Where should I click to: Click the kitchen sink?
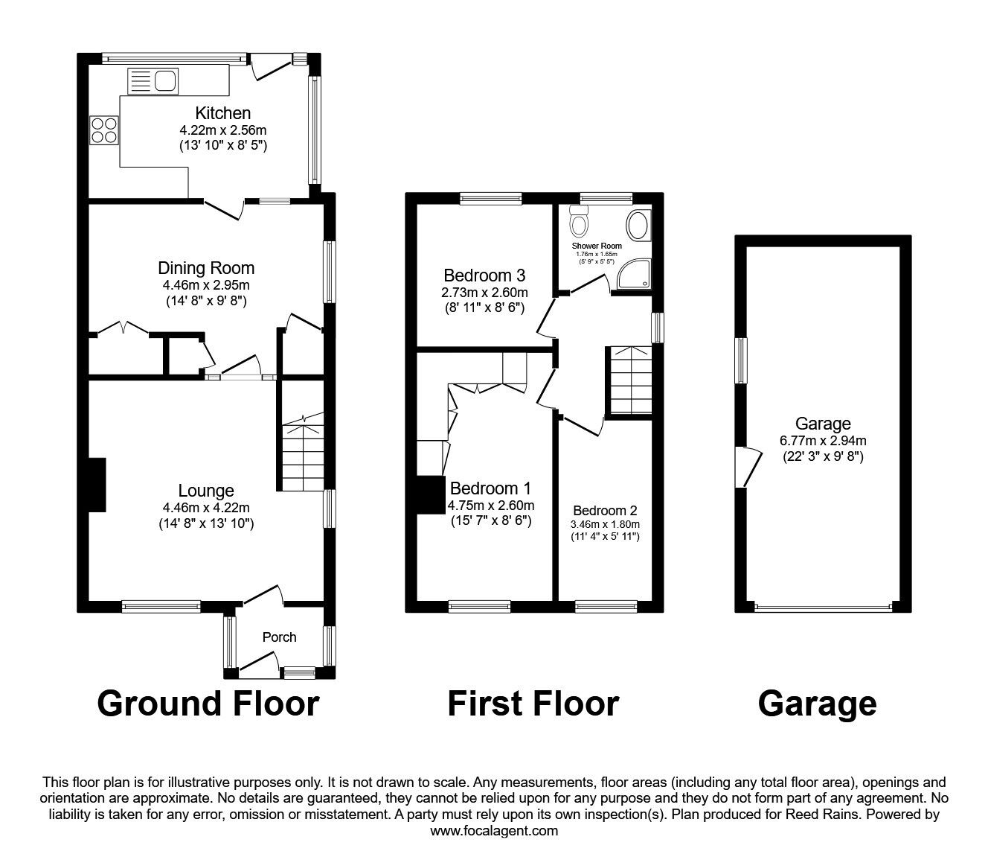tap(153, 81)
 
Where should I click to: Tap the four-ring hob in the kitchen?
tap(103, 130)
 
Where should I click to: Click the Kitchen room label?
tap(222, 113)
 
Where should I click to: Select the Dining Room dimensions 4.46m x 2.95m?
tap(206, 285)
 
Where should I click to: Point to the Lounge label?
tap(206, 491)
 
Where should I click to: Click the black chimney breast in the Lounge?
tap(97, 485)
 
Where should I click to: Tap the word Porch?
tap(279, 637)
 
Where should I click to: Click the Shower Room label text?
tap(597, 246)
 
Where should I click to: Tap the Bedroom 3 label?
tap(484, 275)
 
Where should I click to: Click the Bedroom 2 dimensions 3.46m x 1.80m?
tap(605, 524)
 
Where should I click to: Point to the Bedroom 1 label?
tap(490, 488)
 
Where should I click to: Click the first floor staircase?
tap(629, 380)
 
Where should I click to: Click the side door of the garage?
tap(748, 467)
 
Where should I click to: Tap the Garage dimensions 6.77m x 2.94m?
tap(823, 440)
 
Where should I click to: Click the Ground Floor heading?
tap(208, 704)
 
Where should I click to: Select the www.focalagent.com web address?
tap(494, 830)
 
